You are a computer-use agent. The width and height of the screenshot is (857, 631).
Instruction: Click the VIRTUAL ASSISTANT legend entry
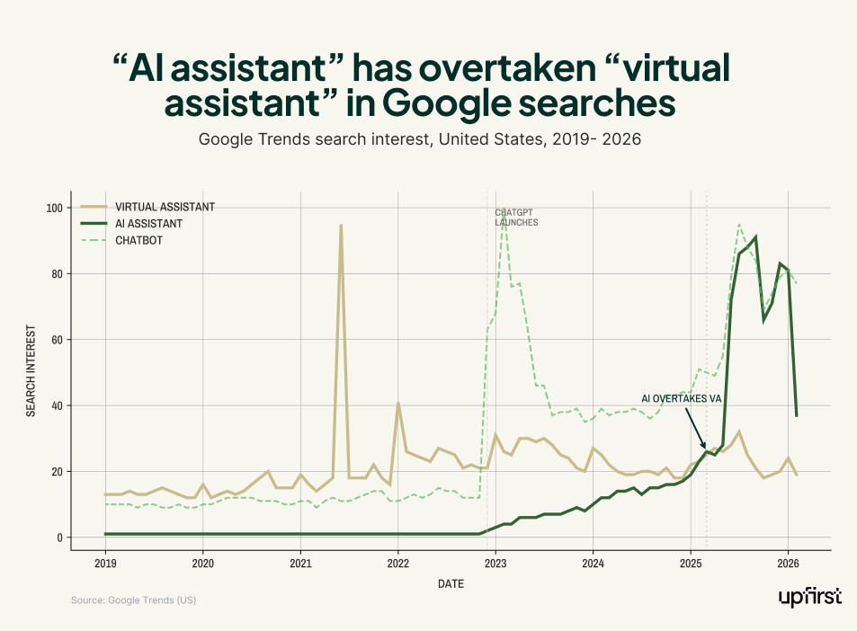[165, 207]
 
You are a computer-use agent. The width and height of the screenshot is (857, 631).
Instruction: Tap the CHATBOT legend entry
[138, 240]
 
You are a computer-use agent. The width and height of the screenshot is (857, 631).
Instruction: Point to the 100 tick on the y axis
[55, 208]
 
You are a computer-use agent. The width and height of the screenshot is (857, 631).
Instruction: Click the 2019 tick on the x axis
[105, 564]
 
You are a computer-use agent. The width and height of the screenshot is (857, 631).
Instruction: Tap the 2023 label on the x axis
[495, 564]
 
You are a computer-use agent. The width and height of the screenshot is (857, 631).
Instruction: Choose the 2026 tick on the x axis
[788, 564]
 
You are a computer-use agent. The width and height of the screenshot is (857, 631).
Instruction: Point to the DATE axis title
[451, 584]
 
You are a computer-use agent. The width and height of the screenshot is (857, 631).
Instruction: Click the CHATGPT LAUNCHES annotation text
[516, 218]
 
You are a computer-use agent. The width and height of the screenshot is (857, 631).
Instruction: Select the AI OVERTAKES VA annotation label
[681, 398]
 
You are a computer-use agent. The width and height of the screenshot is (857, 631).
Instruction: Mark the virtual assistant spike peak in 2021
[340, 225]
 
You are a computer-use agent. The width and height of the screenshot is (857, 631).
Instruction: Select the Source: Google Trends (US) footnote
[133, 600]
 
